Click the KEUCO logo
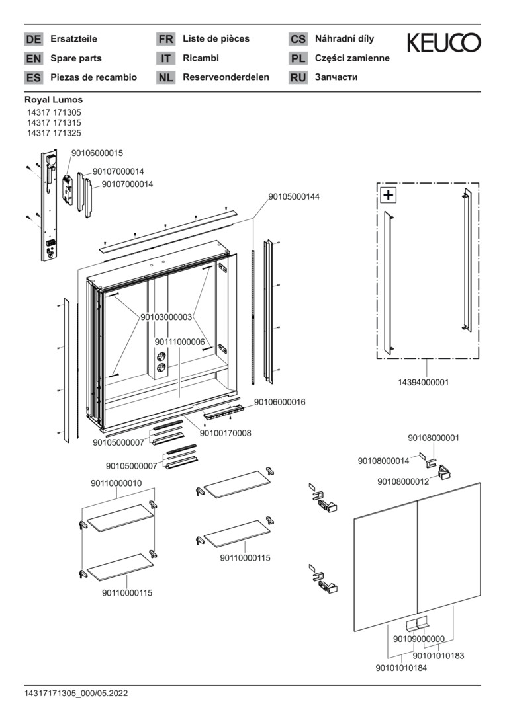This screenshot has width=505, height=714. pos(443,43)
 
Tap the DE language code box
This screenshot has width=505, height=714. pos(33,40)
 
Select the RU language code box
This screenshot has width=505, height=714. pos(298,78)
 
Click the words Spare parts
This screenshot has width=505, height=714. pos(76,58)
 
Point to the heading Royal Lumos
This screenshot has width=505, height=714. pos(54,100)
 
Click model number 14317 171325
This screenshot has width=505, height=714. pos(54,133)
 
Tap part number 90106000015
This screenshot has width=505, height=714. pos(98,153)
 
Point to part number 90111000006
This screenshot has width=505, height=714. pos(180,342)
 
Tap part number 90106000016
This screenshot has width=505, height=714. pos(279,401)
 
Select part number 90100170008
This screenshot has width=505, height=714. pos(225,434)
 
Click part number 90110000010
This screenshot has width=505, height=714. pos(116,483)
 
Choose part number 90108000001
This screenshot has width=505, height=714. pos(434,438)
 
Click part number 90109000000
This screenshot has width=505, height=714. pos(418,639)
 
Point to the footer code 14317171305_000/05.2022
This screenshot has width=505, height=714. pos(76,694)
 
